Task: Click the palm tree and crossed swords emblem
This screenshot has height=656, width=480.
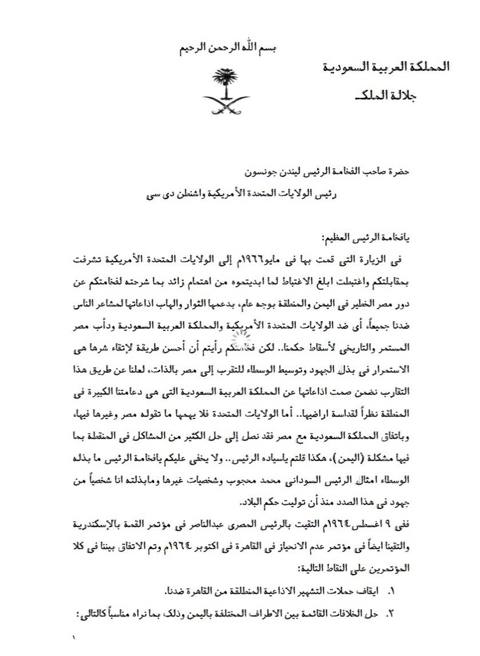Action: pos(226,91)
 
